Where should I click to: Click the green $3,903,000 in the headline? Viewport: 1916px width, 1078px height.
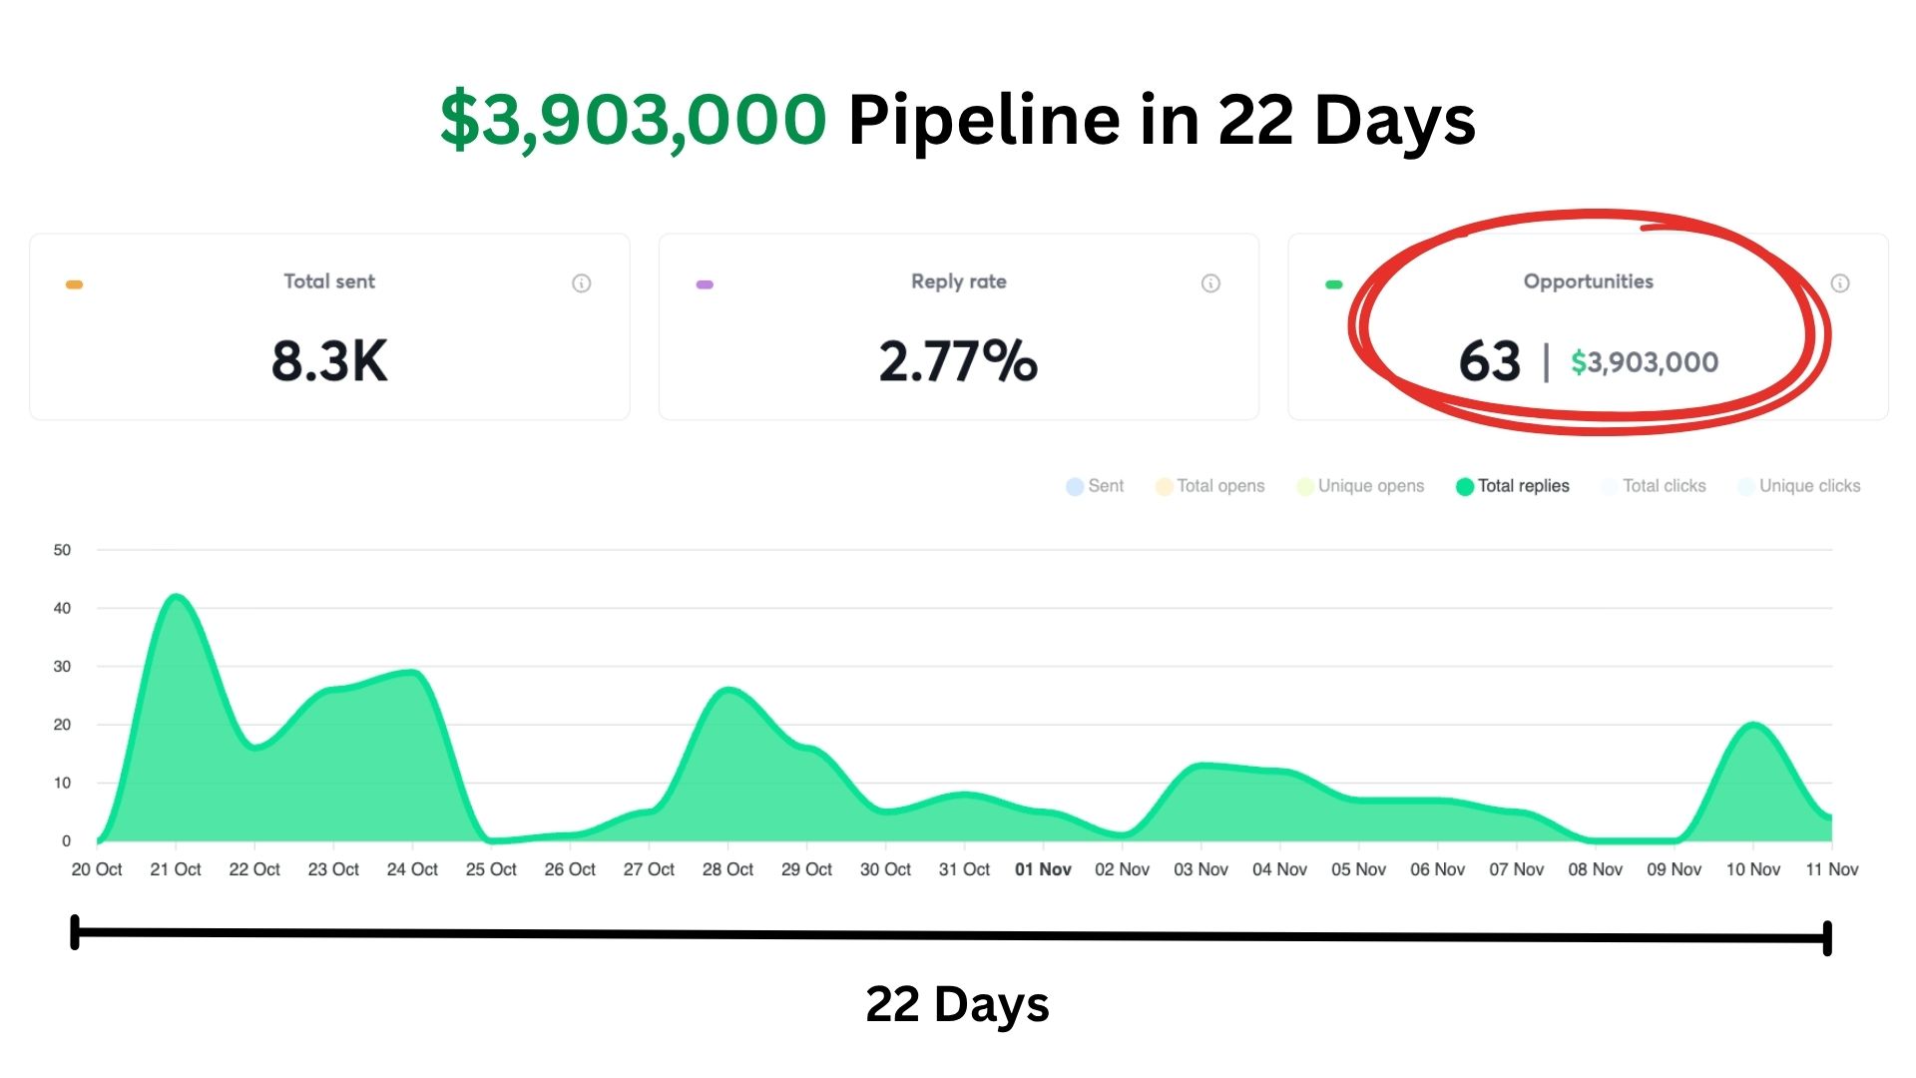[x=633, y=120]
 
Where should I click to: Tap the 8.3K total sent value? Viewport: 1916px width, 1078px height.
[x=329, y=360]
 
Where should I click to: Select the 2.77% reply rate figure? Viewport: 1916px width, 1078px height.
[x=958, y=360]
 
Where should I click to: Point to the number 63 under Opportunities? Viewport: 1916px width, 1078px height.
[x=1489, y=360]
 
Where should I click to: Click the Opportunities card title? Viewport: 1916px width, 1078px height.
[x=1588, y=281]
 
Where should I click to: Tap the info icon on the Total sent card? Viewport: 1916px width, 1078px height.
[x=581, y=283]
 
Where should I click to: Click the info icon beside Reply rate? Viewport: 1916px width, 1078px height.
[x=1210, y=283]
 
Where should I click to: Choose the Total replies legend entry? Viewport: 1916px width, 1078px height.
[x=1513, y=486]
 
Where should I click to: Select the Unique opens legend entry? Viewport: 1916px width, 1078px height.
[x=1360, y=486]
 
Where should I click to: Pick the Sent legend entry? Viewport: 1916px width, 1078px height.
[x=1095, y=486]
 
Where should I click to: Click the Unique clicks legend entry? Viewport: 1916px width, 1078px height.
[x=1799, y=486]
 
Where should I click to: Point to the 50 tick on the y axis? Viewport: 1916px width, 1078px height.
[x=62, y=550]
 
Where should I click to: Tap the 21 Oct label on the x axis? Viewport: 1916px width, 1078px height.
[x=176, y=869]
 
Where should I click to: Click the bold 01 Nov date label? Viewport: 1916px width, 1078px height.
[x=1043, y=869]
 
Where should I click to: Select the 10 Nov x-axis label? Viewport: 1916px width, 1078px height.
[x=1753, y=869]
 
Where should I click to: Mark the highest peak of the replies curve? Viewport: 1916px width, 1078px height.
[x=177, y=597]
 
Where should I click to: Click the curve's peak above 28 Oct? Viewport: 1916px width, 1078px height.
[x=729, y=690]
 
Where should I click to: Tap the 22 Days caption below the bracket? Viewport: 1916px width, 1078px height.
[x=957, y=1004]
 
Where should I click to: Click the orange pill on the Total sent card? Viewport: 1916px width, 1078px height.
[x=74, y=284]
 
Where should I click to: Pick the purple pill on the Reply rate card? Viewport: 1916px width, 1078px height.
[x=705, y=284]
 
